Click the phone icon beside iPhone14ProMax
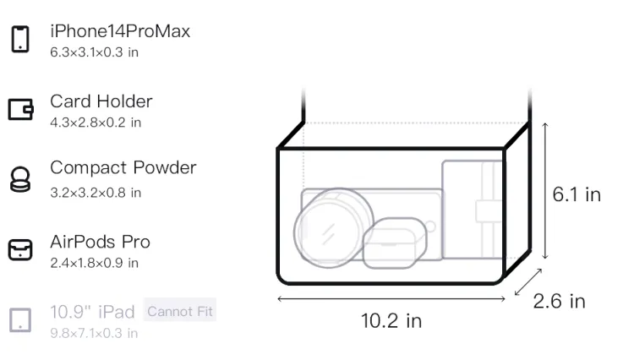point(20,39)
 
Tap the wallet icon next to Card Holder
point(20,109)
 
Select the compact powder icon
point(20,179)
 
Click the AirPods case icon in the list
point(20,249)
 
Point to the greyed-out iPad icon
point(20,319)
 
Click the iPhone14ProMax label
point(120,31)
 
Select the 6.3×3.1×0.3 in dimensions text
point(94,52)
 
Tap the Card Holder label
point(101,101)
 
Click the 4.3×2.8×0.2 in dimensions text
point(96,123)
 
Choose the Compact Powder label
point(123,167)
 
